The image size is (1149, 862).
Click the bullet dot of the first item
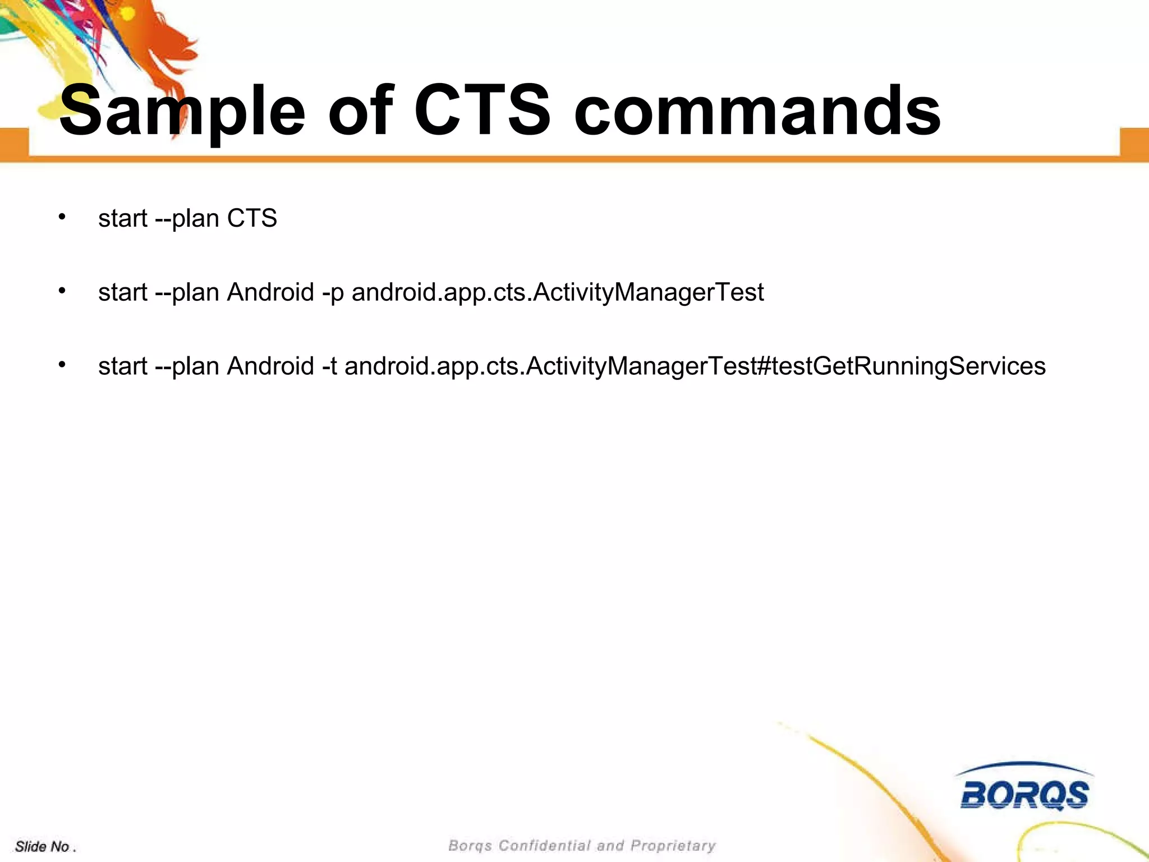point(62,217)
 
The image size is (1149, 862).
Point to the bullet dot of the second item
point(62,291)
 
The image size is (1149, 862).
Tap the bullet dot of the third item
point(62,365)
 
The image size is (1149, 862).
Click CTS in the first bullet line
point(252,218)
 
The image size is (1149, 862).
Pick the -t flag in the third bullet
point(330,366)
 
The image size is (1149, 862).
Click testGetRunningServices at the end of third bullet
point(909,366)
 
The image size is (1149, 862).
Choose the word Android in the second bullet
point(270,292)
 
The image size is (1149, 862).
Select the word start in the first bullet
point(122,218)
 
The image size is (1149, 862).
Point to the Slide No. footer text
point(45,846)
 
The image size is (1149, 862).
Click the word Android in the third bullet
point(270,366)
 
